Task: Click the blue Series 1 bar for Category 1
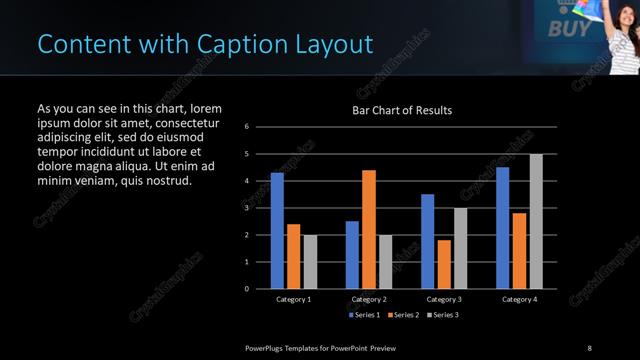click(x=277, y=230)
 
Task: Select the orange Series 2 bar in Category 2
click(x=369, y=229)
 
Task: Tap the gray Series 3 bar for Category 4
click(x=536, y=221)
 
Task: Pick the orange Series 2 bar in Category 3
click(x=444, y=264)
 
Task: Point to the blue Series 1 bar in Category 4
click(x=502, y=227)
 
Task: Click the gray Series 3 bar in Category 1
click(x=310, y=261)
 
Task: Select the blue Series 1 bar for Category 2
click(x=352, y=254)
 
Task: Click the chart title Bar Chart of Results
click(x=402, y=110)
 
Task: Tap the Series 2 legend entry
click(x=402, y=315)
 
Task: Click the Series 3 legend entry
click(x=442, y=315)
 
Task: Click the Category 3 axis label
click(x=444, y=299)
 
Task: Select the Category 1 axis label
click(x=294, y=299)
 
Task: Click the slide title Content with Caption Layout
click(x=205, y=44)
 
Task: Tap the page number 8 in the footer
click(x=589, y=347)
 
